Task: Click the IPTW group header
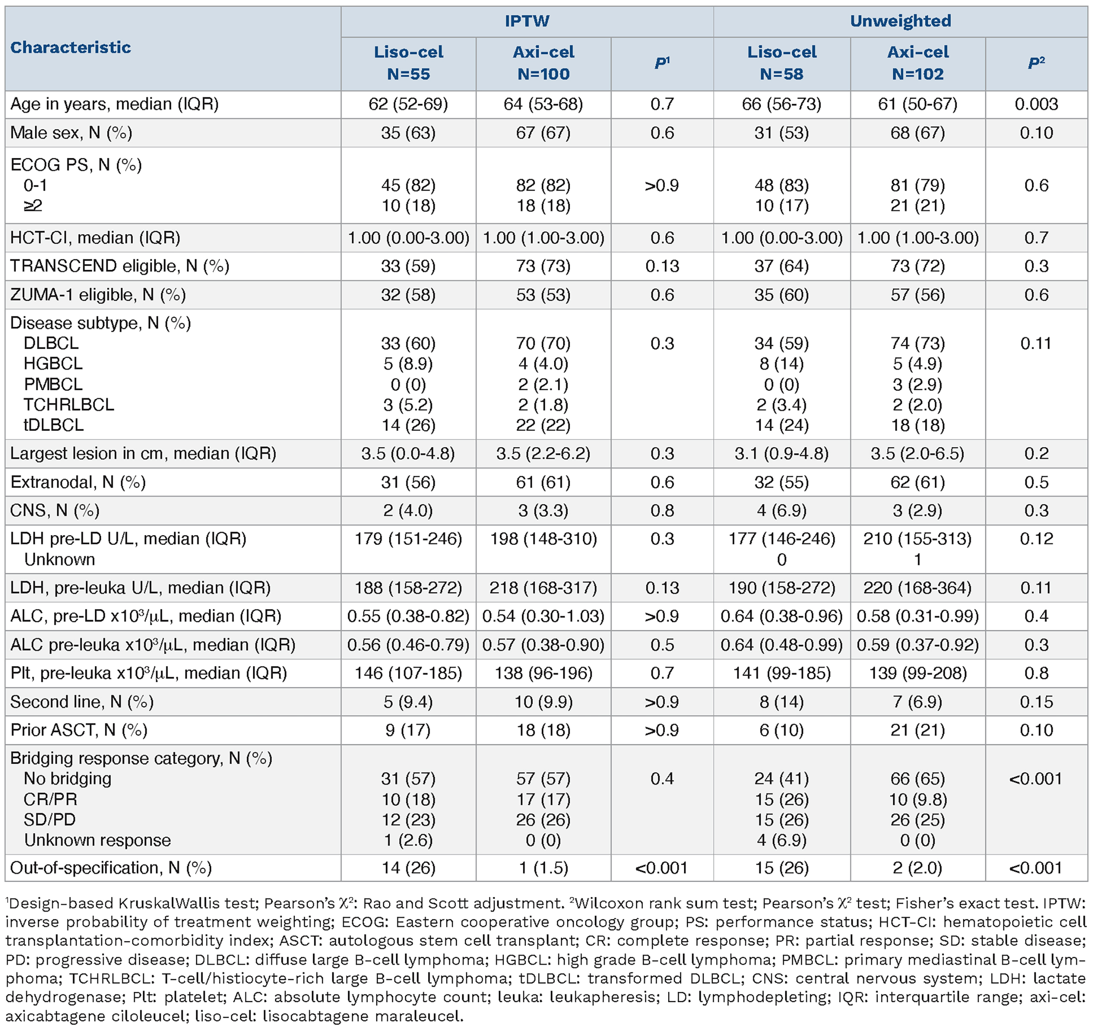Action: [x=527, y=21]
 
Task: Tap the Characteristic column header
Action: [x=71, y=48]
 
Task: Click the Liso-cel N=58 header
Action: [x=781, y=63]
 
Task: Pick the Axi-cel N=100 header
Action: [x=543, y=63]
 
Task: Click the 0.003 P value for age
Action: [x=1036, y=104]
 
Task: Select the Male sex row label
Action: [x=71, y=133]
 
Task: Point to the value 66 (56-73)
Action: [x=781, y=104]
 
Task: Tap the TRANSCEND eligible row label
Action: [x=119, y=266]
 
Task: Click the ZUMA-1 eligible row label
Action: [x=97, y=295]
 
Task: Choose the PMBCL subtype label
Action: [x=53, y=384]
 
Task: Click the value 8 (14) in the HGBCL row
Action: [x=781, y=364]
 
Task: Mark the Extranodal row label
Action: [x=77, y=483]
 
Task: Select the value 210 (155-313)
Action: [x=917, y=538]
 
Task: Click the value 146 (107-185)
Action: [x=408, y=673]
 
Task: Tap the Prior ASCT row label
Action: [x=79, y=730]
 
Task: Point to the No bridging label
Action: [x=67, y=778]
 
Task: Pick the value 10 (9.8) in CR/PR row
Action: [x=917, y=799]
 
